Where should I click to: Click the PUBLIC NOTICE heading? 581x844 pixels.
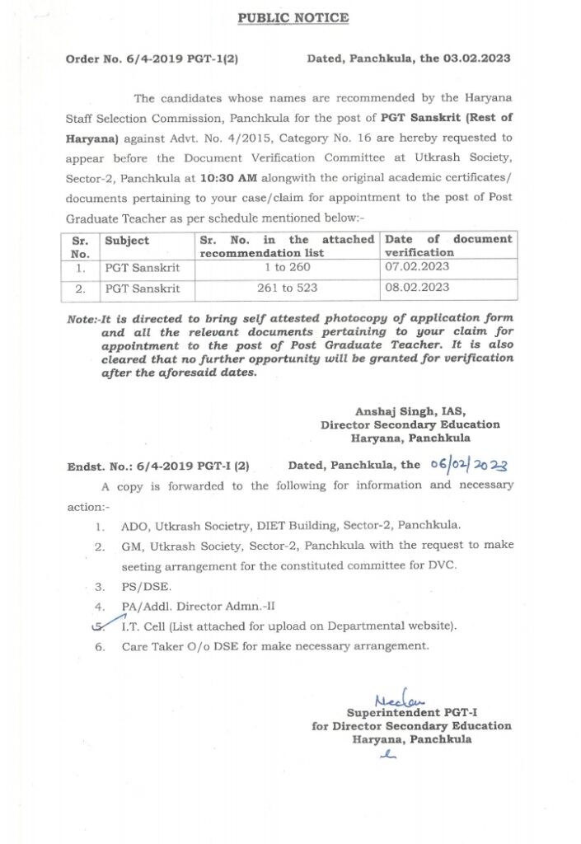[x=293, y=17]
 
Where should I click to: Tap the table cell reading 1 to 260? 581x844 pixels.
[x=282, y=268]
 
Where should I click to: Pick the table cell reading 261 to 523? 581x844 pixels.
[x=282, y=288]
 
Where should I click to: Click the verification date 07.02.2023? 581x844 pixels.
[x=417, y=268]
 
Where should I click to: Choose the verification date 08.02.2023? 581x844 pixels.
[x=417, y=288]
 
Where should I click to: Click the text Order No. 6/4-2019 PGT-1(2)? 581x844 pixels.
[x=152, y=59]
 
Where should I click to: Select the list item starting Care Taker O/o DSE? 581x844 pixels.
[x=275, y=646]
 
